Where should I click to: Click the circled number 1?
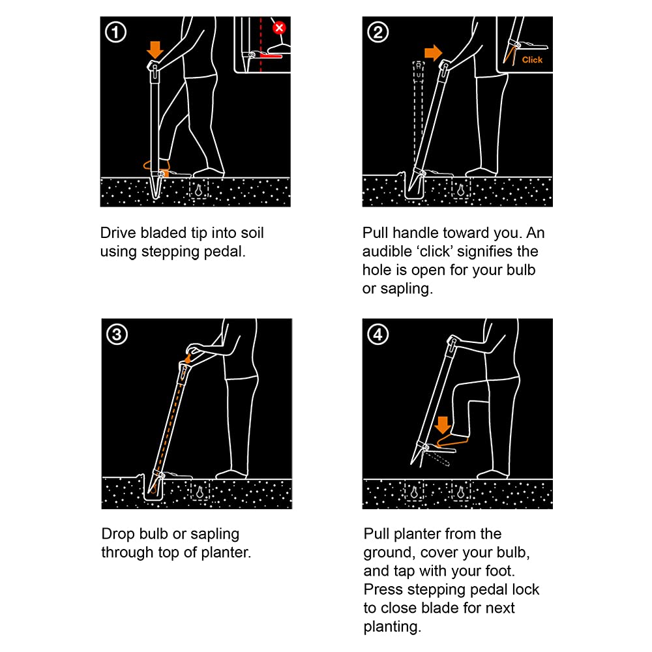coord(115,33)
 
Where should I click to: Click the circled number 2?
coord(378,33)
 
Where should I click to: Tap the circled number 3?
coord(117,334)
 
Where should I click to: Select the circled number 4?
coord(378,334)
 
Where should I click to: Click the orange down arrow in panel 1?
coord(155,50)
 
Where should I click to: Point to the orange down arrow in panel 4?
coord(443,425)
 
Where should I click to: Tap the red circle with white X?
coord(279,28)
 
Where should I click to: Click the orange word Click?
coord(532,60)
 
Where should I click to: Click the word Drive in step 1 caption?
coord(118,233)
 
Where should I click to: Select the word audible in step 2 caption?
coord(387,251)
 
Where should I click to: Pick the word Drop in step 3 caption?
coord(118,534)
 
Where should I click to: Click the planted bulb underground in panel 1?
coord(199,190)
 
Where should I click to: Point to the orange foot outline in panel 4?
coord(452,441)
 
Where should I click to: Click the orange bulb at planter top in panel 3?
coord(188,358)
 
